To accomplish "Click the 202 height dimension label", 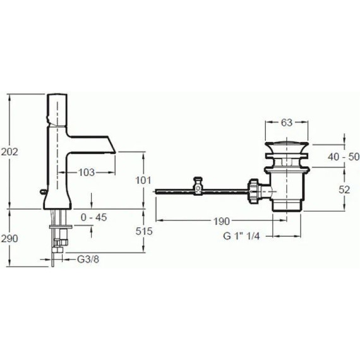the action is click(9, 152).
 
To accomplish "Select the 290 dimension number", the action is click(9, 239).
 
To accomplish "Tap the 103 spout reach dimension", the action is click(87, 172).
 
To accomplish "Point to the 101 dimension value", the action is click(143, 181).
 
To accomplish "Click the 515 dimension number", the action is click(144, 231).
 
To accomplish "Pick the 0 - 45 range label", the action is click(94, 217).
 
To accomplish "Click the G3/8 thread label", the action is click(88, 260).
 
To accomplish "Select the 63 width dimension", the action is click(287, 123).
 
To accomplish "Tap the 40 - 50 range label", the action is click(344, 157).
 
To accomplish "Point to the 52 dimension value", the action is click(344, 189).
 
